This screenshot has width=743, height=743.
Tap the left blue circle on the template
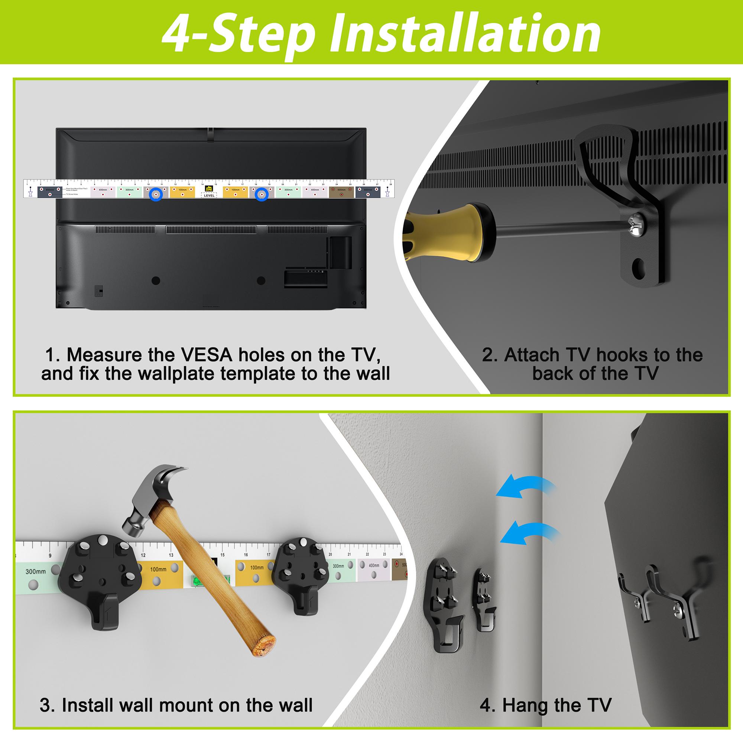pos(156,195)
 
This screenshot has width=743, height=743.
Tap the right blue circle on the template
pos(262,195)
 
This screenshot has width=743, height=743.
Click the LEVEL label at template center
pos(209,195)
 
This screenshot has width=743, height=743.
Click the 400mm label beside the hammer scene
pos(373,565)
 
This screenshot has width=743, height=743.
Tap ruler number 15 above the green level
pos(221,555)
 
